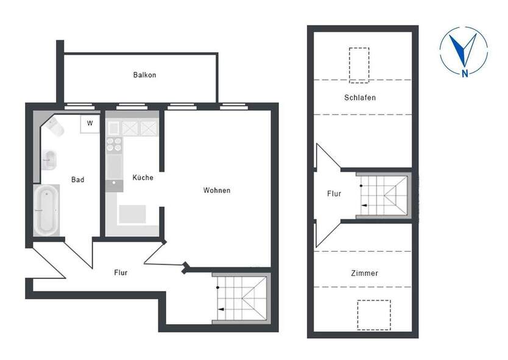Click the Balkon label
[144, 75]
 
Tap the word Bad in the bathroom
[77, 180]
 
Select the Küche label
[143, 178]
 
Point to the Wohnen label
[217, 191]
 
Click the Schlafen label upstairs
[359, 97]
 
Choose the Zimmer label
[364, 274]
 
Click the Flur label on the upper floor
[334, 194]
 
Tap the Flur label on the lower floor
[121, 273]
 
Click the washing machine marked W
[90, 124]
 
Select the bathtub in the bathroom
[47, 211]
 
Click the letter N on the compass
[465, 74]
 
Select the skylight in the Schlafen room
[359, 64]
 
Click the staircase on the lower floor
[242, 298]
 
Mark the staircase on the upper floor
[384, 195]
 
